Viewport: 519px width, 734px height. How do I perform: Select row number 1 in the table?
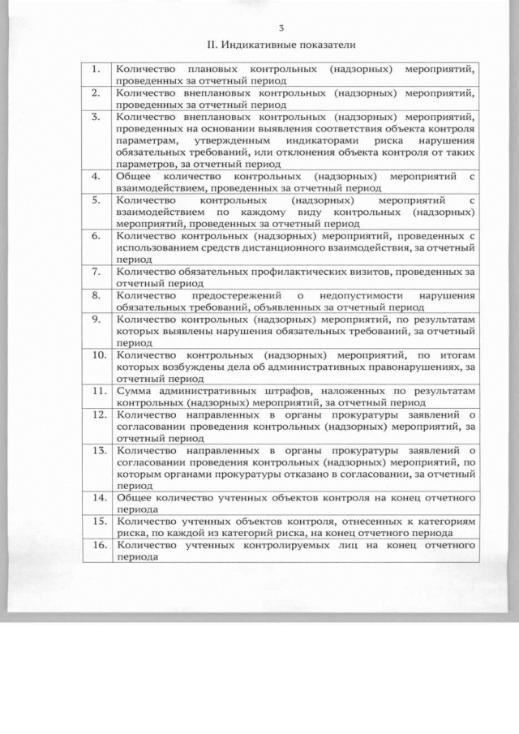click(95, 70)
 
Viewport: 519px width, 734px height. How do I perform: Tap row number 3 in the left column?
click(95, 117)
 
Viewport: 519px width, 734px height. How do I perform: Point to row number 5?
click(95, 200)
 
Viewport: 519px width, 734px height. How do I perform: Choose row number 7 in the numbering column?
click(95, 272)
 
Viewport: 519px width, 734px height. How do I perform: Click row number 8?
click(95, 296)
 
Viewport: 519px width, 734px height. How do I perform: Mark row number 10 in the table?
click(97, 354)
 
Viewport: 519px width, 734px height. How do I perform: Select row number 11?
click(97, 390)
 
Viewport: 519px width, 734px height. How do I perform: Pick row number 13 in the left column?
click(97, 449)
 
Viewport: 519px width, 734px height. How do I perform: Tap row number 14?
click(97, 496)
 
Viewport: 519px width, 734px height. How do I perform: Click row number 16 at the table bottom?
click(97, 545)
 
